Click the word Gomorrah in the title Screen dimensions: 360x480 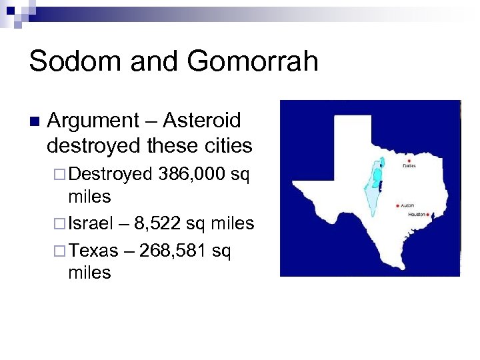[x=253, y=61]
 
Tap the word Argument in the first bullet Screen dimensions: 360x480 [x=93, y=121]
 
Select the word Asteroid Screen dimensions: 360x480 [x=202, y=121]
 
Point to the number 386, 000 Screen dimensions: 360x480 [x=191, y=175]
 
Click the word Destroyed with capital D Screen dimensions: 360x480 [x=111, y=175]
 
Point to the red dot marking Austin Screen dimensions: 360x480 [x=397, y=205]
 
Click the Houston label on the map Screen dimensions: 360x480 [x=417, y=215]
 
